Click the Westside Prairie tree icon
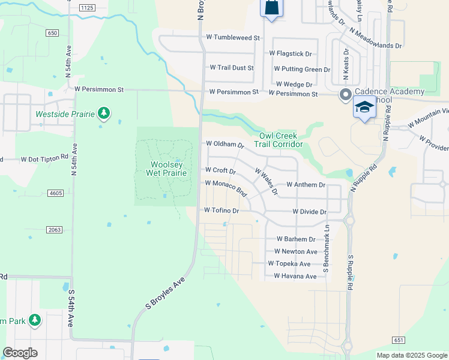104,113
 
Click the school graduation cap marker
364,108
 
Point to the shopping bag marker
271,8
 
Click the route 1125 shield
87,7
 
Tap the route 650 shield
52,33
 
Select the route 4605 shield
55,193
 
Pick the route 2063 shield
55,230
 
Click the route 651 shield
399,340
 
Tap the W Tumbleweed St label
234,38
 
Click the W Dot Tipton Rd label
44,159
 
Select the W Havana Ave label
295,277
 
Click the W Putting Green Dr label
300,70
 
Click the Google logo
20,353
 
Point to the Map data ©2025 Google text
411,355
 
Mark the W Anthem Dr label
306,185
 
